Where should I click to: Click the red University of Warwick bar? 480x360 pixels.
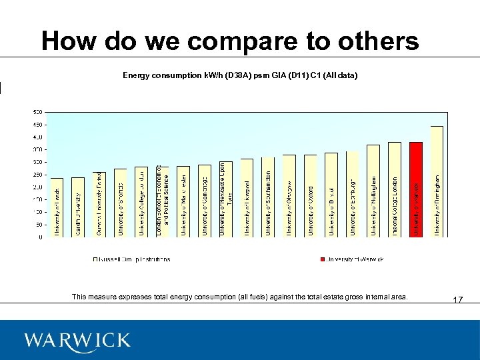415,189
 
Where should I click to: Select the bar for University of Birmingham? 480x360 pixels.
437,181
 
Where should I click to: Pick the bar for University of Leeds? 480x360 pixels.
57,207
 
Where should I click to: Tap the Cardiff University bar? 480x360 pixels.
78,207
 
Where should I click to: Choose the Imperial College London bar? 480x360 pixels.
395,189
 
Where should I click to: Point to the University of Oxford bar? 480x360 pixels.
310,196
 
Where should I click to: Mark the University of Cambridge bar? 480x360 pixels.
205,201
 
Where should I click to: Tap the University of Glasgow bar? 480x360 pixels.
289,196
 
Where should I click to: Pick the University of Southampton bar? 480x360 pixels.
268,197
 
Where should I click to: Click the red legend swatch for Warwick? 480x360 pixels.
322,259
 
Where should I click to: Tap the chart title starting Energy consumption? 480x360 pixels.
240,76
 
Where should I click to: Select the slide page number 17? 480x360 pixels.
457,300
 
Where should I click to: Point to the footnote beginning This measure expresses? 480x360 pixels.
239,297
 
